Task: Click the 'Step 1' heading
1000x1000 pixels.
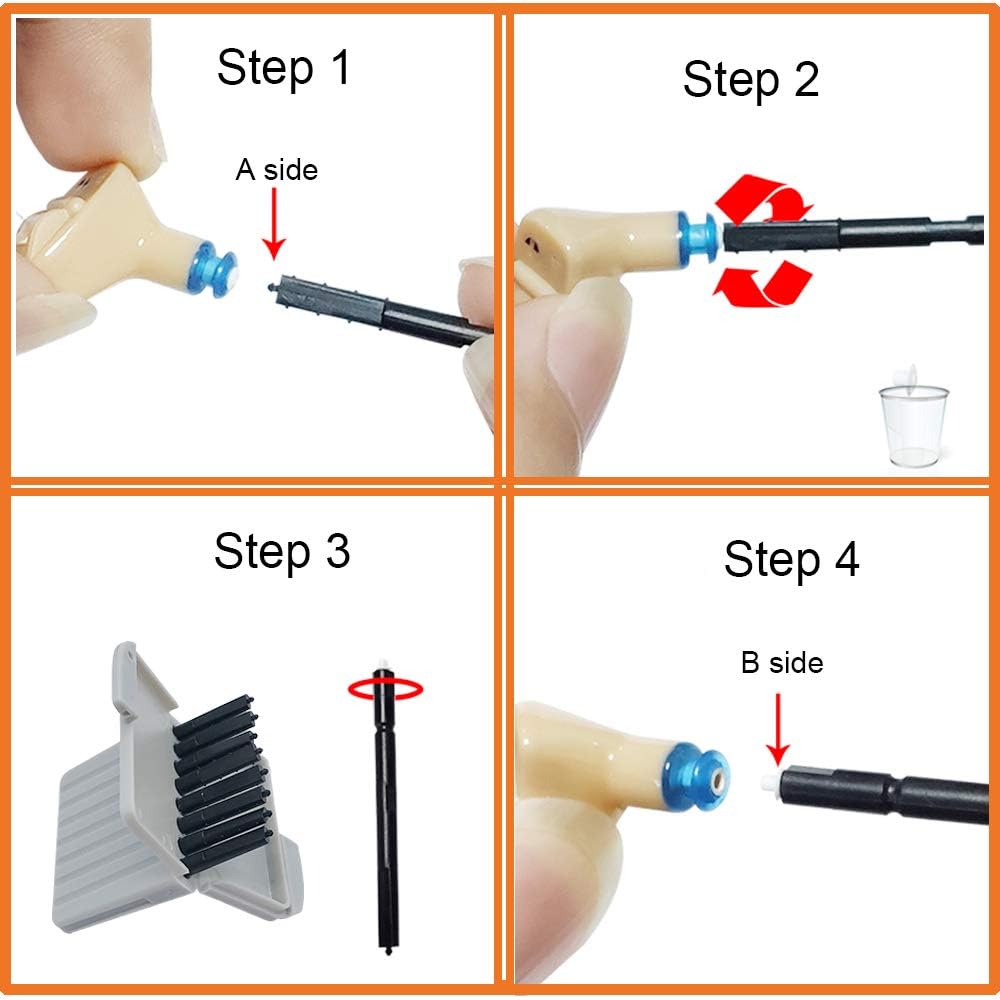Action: point(284,68)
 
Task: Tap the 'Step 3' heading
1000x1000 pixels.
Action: point(282,551)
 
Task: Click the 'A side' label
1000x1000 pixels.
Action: point(276,170)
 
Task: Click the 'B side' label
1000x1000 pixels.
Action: point(782,662)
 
